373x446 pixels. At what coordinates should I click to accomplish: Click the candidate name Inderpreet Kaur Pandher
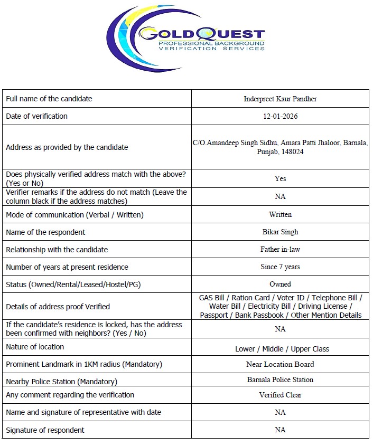point(280,99)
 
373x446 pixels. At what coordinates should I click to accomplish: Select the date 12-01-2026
point(280,116)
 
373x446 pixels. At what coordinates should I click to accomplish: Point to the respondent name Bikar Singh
point(280,232)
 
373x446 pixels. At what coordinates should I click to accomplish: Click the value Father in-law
point(280,249)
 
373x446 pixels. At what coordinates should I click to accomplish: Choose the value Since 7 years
point(280,267)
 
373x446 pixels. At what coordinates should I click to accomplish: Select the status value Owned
point(280,284)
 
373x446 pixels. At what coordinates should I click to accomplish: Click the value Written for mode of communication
point(280,214)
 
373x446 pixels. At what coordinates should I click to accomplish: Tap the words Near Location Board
point(280,364)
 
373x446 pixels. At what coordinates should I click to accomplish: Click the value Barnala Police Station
point(280,379)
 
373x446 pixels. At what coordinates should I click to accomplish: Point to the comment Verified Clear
point(280,395)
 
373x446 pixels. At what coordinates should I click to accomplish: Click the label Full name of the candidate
point(49,99)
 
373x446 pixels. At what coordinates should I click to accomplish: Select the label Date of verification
point(37,116)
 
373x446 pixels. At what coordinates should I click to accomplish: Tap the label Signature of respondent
point(45,430)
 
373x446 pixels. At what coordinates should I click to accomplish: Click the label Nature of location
point(35,347)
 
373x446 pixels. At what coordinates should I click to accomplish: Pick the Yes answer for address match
point(280,178)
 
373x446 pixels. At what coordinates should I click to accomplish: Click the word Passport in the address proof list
point(214,315)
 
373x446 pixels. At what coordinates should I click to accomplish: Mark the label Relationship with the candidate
point(57,249)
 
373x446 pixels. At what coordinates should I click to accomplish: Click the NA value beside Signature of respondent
point(280,430)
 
